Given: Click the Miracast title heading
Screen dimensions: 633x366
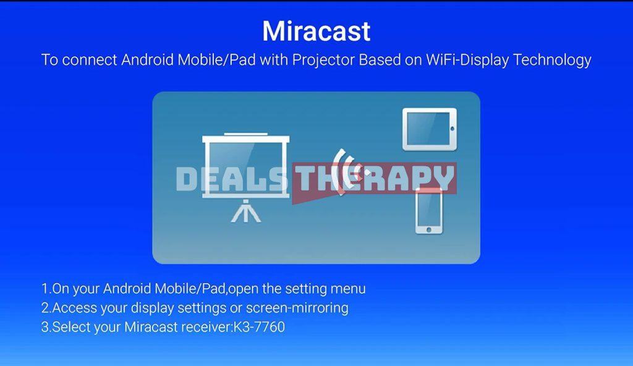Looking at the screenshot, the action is point(316,31).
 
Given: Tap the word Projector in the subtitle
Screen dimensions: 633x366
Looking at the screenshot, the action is point(323,60).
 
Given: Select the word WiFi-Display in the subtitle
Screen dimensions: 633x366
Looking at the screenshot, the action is point(467,60).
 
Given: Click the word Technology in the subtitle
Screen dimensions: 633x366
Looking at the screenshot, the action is point(552,60).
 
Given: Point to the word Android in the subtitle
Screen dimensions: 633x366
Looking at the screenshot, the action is point(147,60).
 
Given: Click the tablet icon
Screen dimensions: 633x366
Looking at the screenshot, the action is point(430,129).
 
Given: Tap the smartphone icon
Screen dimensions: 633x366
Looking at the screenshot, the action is point(429,210).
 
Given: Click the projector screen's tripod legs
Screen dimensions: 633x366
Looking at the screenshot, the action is point(246,211).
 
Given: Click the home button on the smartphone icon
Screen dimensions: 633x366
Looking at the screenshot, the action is point(429,230).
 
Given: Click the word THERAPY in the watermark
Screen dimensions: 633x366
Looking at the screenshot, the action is point(374,178).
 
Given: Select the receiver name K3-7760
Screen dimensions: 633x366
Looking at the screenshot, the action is point(259,327).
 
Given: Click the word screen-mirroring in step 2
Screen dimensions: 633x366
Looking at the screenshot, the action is point(297,308).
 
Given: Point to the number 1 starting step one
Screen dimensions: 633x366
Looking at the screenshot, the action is point(45,289).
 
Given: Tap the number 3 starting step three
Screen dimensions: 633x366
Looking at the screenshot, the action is point(45,327).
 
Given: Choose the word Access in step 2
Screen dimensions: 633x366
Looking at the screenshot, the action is point(75,308).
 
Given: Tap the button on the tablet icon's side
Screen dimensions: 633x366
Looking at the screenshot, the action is point(452,129).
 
